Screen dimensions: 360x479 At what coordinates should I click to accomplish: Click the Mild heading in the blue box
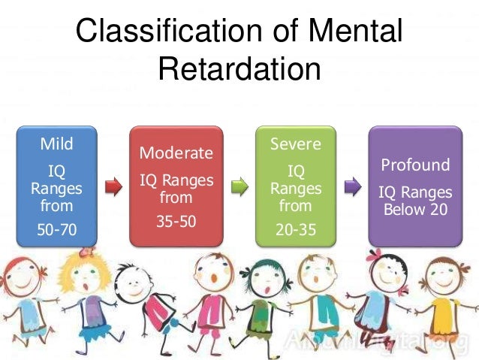click(x=57, y=143)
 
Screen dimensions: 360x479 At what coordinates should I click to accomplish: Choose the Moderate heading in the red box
click(x=176, y=153)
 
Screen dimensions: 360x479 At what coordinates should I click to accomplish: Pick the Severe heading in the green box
click(x=295, y=143)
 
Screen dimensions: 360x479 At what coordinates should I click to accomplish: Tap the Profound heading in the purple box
click(x=415, y=165)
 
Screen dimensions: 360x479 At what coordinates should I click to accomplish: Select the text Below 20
click(x=415, y=210)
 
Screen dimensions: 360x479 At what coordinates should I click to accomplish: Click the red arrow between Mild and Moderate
click(x=113, y=186)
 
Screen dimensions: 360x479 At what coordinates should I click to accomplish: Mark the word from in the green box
click(x=295, y=204)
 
